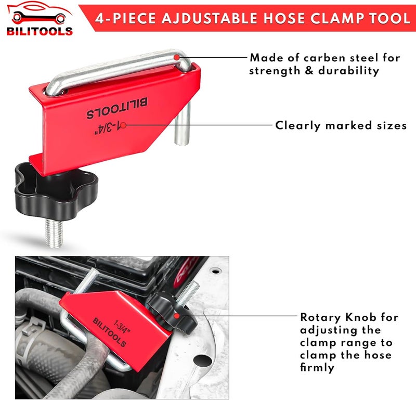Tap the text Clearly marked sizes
[341, 125]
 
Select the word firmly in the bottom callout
[318, 368]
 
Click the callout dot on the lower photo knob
[177, 315]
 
